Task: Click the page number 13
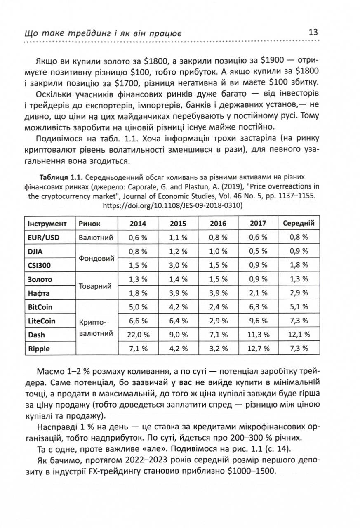[x=312, y=32]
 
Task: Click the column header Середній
[x=299, y=223]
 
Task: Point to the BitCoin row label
[x=40, y=307]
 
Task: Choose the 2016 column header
[x=218, y=223]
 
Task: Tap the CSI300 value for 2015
[x=178, y=265]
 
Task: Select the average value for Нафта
[x=299, y=293]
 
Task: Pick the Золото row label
[x=40, y=279]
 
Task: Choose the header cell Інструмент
[x=47, y=223]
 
